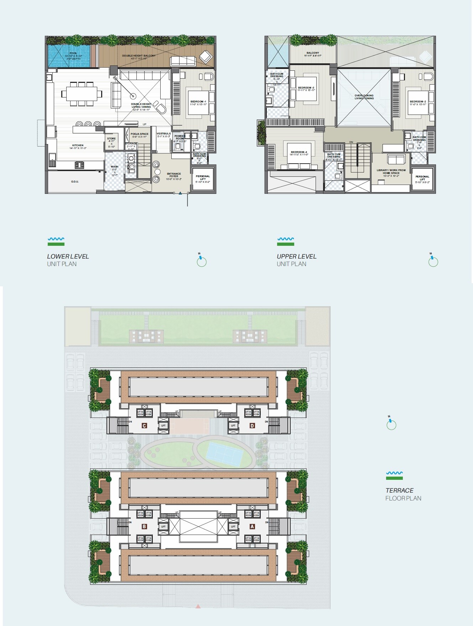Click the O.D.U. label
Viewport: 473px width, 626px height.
pos(75,182)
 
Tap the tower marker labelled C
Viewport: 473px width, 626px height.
pos(144,425)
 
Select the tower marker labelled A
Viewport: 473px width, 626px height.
pos(252,526)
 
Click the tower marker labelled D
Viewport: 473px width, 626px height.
pos(252,425)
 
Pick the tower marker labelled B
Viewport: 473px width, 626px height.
pos(144,526)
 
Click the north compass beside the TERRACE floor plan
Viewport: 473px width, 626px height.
pos(391,424)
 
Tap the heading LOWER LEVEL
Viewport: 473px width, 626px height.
pos(68,256)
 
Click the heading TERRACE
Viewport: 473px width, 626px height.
pos(399,490)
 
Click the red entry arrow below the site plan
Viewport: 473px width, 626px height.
pos(198,606)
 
